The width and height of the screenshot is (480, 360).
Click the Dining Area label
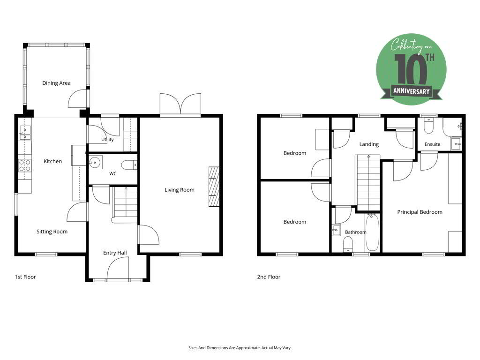coord(56,83)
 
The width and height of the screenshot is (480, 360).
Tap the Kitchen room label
coord(52,161)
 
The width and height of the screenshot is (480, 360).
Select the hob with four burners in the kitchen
coord(25,165)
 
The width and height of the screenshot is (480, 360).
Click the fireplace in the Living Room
coord(214,187)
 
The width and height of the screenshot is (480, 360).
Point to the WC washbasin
coord(96,162)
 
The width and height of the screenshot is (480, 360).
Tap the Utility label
coord(107,140)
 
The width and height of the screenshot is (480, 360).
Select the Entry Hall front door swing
coord(118,268)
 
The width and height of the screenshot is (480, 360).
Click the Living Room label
coord(180,190)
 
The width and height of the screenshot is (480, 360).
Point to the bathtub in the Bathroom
coord(372,232)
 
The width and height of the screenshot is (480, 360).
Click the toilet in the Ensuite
coord(428,126)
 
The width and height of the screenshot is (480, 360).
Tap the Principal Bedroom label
coord(420,212)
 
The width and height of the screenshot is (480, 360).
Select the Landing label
coord(369,144)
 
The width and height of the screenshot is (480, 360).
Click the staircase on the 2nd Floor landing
coord(368,183)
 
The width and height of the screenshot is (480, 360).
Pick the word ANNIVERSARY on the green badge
coord(412,91)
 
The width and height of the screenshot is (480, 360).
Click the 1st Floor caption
coord(25,277)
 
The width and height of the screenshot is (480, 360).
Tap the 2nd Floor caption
coord(269,277)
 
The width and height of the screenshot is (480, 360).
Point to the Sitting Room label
coord(52,232)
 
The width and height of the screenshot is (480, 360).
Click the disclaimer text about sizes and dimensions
coord(240,348)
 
